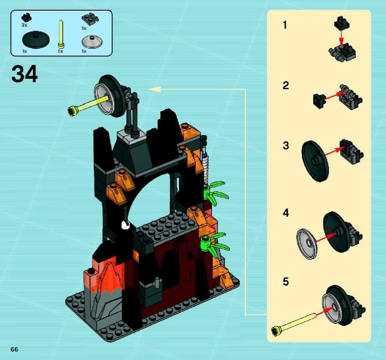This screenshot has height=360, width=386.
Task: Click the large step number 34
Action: (x=25, y=74)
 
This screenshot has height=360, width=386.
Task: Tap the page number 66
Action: (x=14, y=349)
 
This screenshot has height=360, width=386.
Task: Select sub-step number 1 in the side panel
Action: (x=285, y=25)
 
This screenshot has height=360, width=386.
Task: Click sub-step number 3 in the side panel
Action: (x=285, y=145)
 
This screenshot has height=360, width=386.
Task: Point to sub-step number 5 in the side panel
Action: (x=285, y=282)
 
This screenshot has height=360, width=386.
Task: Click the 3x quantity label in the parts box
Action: (x=24, y=25)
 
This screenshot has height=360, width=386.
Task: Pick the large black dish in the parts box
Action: (x=36, y=40)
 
